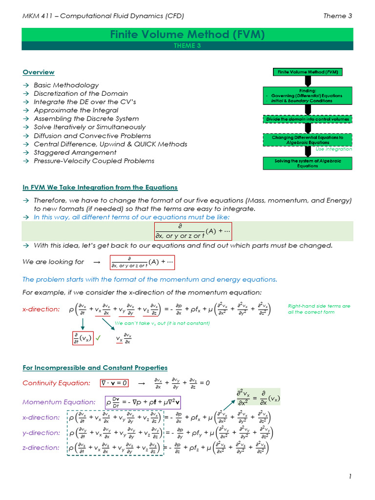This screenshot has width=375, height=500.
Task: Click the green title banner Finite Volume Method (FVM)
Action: pyautogui.click(x=187, y=35)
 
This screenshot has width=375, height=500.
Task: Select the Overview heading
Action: pyautogui.click(x=39, y=72)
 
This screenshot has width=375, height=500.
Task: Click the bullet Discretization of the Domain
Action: pyautogui.click(x=81, y=93)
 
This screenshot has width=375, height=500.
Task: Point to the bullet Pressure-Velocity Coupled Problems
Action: pyautogui.click(x=94, y=161)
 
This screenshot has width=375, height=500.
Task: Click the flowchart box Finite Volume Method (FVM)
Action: pyautogui.click(x=307, y=72)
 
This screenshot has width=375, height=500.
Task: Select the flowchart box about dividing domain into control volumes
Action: pyautogui.click(x=307, y=119)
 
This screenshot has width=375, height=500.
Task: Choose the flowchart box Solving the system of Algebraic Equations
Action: pyautogui.click(x=307, y=163)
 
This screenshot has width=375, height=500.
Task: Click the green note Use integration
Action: pyautogui.click(x=333, y=149)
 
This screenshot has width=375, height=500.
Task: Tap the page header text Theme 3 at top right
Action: pyautogui.click(x=337, y=16)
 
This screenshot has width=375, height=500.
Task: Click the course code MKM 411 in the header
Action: pyautogui.click(x=37, y=16)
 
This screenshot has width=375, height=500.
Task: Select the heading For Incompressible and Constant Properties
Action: pyautogui.click(x=95, y=368)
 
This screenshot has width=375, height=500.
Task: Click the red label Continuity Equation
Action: pyautogui.click(x=56, y=383)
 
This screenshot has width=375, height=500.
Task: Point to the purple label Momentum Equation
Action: pyautogui.click(x=59, y=402)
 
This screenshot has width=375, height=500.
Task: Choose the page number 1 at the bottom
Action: pyautogui.click(x=350, y=477)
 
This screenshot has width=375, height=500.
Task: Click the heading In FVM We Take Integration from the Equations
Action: pyautogui.click(x=100, y=187)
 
